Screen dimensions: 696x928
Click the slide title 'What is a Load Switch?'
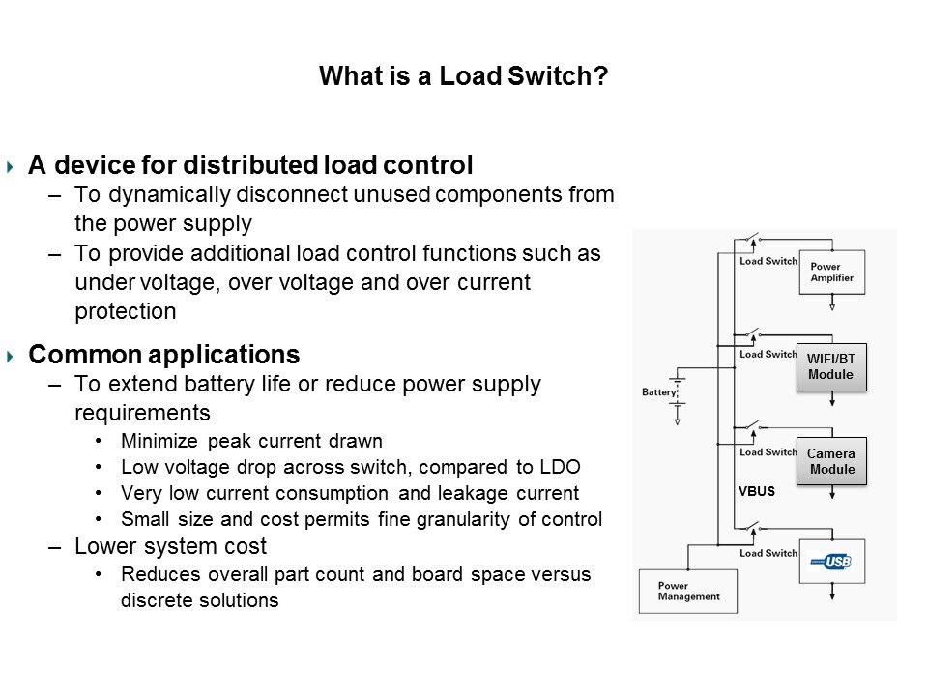coord(464,76)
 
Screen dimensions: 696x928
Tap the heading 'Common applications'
coord(164,354)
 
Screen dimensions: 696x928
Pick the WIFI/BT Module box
coord(830,367)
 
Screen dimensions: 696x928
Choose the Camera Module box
coord(831,462)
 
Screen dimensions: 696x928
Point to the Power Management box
coord(688,591)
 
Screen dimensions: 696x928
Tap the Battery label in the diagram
coord(659,392)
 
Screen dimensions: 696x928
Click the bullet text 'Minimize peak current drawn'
coord(252,442)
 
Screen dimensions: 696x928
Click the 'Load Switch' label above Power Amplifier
coord(768,261)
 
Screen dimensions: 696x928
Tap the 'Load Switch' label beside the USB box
coord(768,554)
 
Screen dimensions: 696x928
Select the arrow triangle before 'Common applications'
coord(11,356)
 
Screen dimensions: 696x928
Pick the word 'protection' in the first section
coord(126,312)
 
